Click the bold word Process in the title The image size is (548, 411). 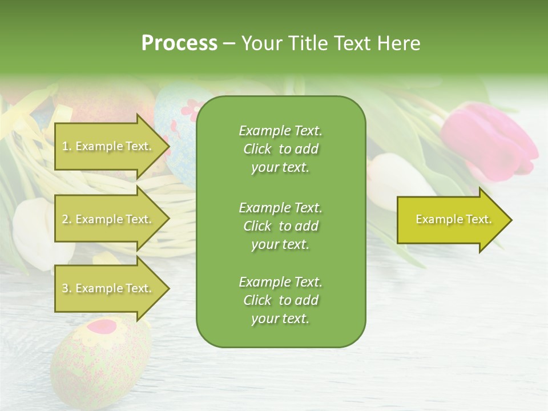pyautogui.click(x=179, y=43)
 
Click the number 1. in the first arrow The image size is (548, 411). pyautogui.click(x=67, y=146)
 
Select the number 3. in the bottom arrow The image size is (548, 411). pyautogui.click(x=67, y=288)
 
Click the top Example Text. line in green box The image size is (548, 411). pyautogui.click(x=280, y=131)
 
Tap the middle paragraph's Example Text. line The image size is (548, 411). pyautogui.click(x=280, y=207)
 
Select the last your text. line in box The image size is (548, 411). pyautogui.click(x=280, y=319)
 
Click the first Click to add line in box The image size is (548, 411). pyautogui.click(x=280, y=149)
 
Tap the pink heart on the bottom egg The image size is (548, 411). pyautogui.click(x=102, y=327)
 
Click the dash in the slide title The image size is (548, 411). pyautogui.click(x=229, y=43)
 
